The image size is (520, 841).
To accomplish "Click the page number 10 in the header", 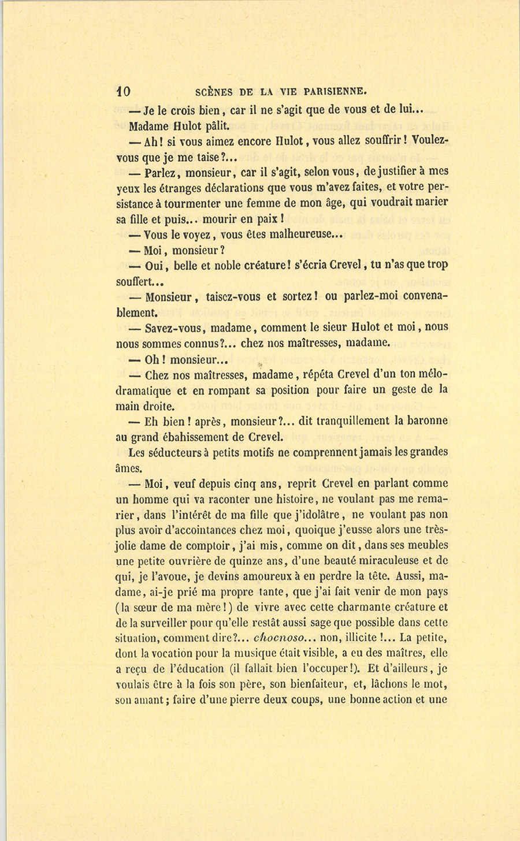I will (x=124, y=91).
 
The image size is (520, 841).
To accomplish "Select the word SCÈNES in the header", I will (x=214, y=91).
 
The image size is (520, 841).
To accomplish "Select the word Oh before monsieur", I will (x=152, y=359).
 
